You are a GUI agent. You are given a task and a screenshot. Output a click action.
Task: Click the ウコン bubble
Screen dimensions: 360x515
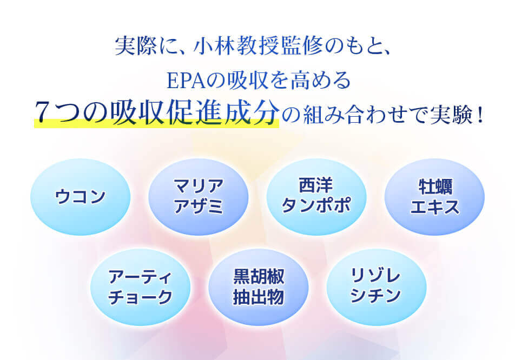pos(80,197)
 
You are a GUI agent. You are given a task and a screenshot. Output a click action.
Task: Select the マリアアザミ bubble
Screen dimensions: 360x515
pos(198,197)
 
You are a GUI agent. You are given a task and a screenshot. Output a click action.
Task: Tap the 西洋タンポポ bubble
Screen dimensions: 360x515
pos(316,197)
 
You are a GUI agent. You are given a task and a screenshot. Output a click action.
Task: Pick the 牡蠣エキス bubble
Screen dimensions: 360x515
pos(434,197)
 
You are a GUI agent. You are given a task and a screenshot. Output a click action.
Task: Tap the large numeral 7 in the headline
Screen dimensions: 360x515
pos(45,112)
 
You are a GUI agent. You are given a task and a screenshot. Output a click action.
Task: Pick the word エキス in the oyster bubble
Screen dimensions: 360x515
pos(434,206)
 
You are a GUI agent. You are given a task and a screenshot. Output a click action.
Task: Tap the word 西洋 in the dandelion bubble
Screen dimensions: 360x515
pos(316,186)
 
